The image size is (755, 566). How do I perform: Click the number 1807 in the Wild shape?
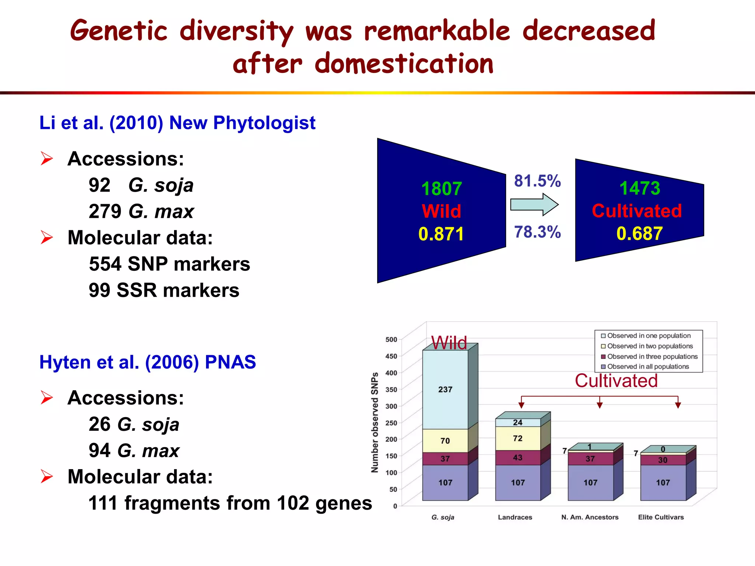[x=441, y=189]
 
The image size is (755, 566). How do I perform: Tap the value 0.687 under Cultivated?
[x=640, y=234]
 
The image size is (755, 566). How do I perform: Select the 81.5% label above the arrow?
[x=537, y=181]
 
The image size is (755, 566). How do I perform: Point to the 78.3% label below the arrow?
[x=537, y=232]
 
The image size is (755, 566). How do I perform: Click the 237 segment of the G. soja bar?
[x=445, y=389]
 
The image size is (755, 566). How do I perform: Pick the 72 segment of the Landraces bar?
[x=518, y=438]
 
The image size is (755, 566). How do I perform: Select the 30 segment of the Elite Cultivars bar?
[x=662, y=460]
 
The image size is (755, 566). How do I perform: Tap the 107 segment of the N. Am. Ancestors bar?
[x=590, y=483]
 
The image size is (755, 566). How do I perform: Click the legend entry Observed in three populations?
[x=652, y=356]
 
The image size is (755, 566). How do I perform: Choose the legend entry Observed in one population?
[x=648, y=336]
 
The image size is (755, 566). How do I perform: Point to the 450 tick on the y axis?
[x=391, y=356]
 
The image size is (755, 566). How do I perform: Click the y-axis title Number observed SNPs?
[x=375, y=422]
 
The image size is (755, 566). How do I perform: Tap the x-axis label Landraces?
[x=515, y=517]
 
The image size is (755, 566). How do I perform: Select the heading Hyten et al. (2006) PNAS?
[x=147, y=362]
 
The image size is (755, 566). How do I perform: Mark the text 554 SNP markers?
[x=170, y=264]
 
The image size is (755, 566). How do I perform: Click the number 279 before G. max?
[x=105, y=211]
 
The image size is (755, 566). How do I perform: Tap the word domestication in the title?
[x=404, y=63]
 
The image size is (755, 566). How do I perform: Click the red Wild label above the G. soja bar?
[x=449, y=343]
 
